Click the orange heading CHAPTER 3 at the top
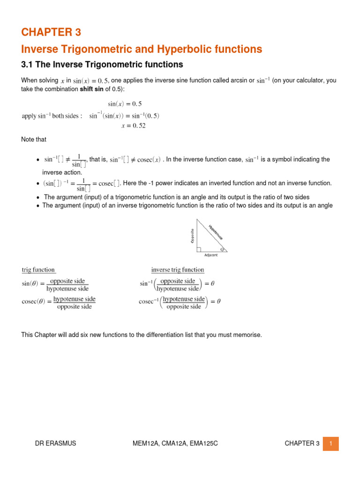pyautogui.click(x=51, y=32)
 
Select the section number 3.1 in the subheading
pyautogui.click(x=29, y=64)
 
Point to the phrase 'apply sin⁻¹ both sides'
pyautogui.click(x=52, y=116)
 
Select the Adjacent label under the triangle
pyautogui.click(x=210, y=255)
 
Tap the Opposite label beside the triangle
pyautogui.click(x=192, y=236)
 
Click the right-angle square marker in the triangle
pyautogui.click(x=199, y=249)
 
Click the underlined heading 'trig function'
pyautogui.click(x=38, y=270)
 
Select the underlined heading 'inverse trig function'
pyautogui.click(x=178, y=270)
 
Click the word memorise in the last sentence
pyautogui.click(x=248, y=335)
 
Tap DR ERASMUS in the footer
pyautogui.click(x=57, y=443)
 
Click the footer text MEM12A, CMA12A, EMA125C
pyautogui.click(x=168, y=443)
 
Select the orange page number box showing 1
pyautogui.click(x=330, y=443)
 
